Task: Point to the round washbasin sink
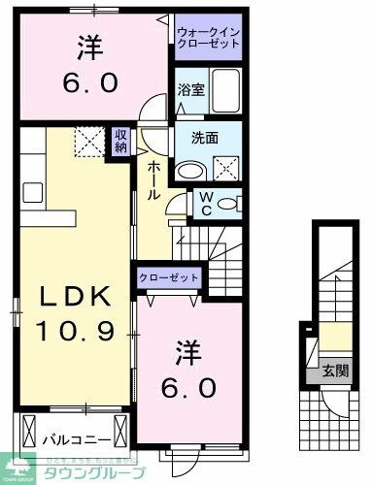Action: tap(190, 168)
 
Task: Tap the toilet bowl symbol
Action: tap(225, 206)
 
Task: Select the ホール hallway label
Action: tap(153, 179)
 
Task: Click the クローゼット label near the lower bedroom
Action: tap(168, 277)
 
